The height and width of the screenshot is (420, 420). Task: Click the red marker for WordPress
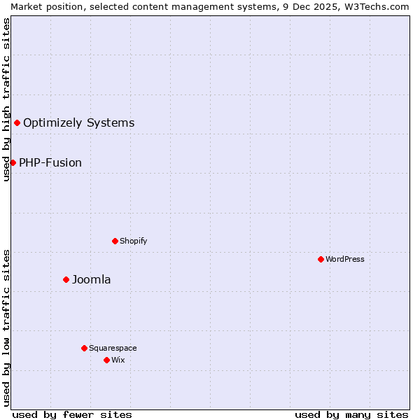point(321,259)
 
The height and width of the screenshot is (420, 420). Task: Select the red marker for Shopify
point(115,241)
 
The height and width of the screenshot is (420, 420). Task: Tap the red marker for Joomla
point(66,279)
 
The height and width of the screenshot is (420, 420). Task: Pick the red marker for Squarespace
point(84,348)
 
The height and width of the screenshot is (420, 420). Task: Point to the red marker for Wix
point(106,360)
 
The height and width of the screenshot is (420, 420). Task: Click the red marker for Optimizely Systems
point(17,123)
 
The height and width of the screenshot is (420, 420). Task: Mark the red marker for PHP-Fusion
point(13,162)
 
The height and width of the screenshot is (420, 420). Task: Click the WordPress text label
point(345,259)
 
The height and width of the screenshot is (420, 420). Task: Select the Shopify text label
point(134,241)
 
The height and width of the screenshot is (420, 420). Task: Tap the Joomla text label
point(92,280)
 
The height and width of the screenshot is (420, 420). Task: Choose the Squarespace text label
point(113,348)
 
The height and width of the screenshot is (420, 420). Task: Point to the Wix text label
point(118,360)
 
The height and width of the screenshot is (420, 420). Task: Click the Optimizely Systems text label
point(79,123)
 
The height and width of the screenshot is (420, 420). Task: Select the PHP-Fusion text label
point(50,163)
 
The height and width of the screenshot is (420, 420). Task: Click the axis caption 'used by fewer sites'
point(72,414)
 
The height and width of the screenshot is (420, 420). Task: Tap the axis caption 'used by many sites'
point(351,414)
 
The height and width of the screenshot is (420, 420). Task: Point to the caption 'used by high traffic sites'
point(6,99)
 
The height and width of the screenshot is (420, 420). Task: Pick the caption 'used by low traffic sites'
point(6,328)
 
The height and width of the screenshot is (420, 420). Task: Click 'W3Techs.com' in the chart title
point(381,6)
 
